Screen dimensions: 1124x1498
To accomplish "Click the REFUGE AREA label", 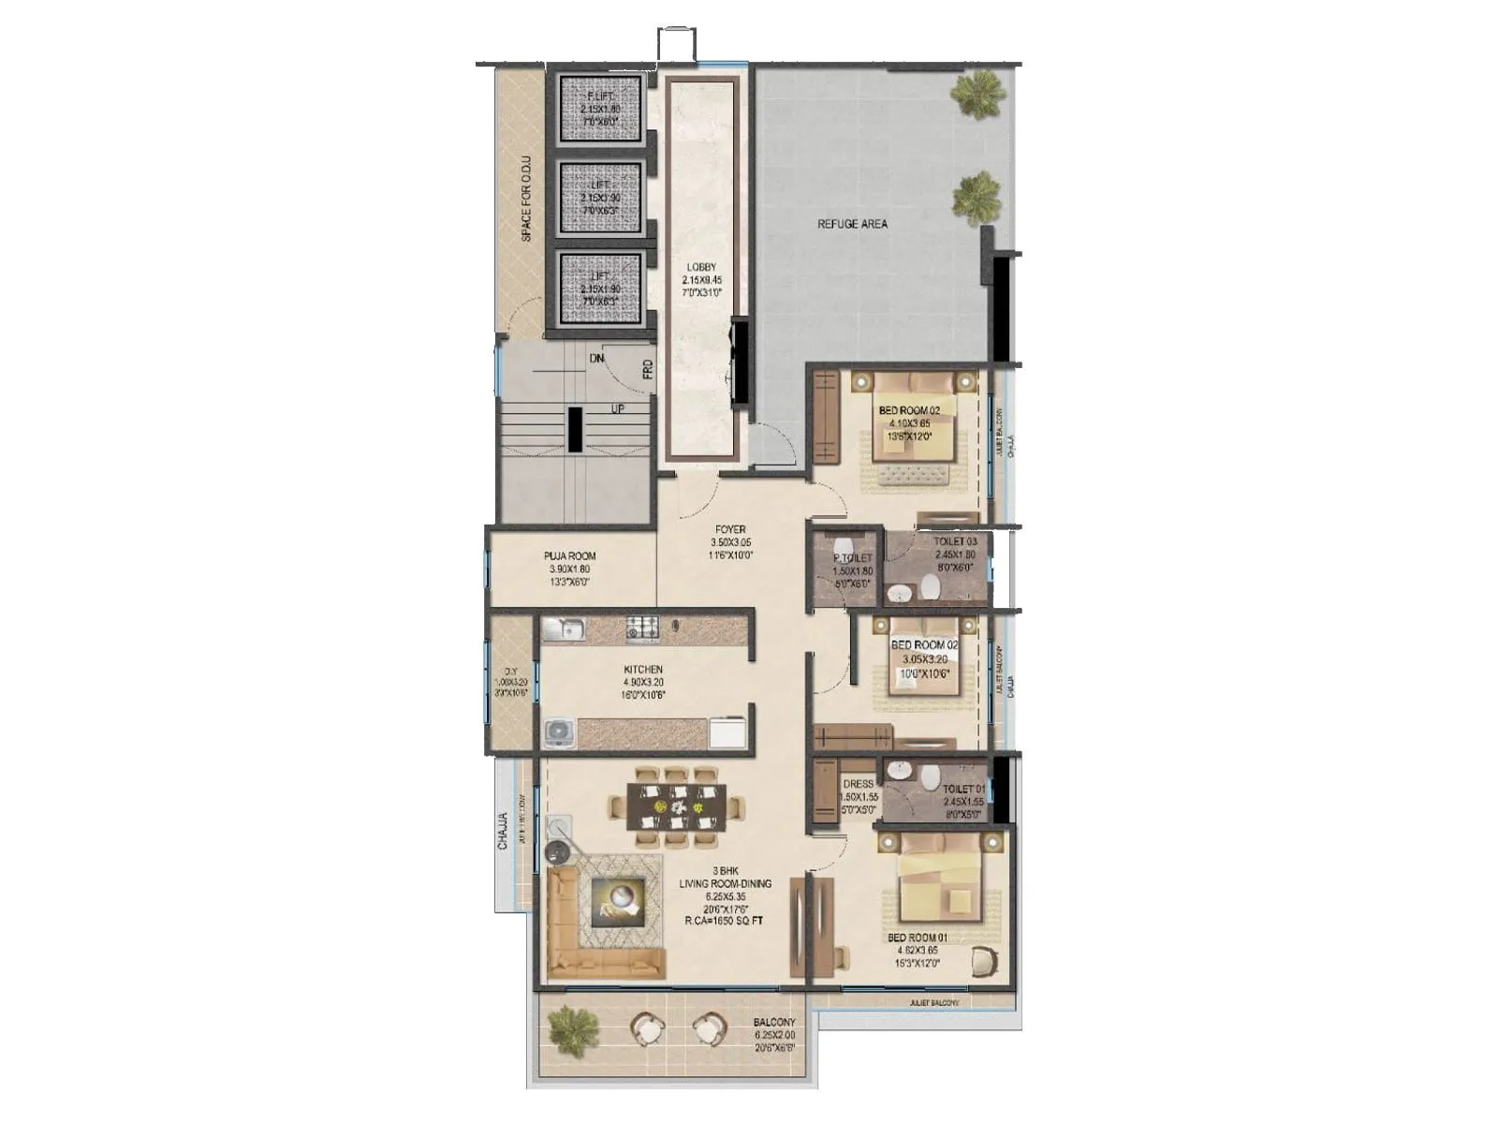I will click(852, 225).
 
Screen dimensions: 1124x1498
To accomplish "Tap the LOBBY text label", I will click(701, 268).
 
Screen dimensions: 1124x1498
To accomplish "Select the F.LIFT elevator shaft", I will click(601, 109).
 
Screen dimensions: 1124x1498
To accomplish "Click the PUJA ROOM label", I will click(569, 555).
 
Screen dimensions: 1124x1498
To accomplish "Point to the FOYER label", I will click(730, 530).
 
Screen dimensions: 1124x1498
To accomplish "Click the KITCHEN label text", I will click(643, 670).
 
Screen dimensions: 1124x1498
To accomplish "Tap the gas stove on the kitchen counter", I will click(642, 629).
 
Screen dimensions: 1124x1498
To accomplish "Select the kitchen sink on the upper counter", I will click(564, 629).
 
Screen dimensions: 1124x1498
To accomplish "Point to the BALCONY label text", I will click(774, 1023).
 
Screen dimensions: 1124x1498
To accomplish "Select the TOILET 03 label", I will click(955, 542).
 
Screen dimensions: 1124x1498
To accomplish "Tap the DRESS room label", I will click(858, 784).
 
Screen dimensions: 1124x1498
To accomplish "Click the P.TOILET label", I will click(852, 558).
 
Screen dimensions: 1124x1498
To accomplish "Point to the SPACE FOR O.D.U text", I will click(526, 199).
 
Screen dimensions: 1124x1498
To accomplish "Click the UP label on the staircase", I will click(618, 409).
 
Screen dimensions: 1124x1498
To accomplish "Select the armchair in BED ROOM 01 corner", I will click(985, 961).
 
